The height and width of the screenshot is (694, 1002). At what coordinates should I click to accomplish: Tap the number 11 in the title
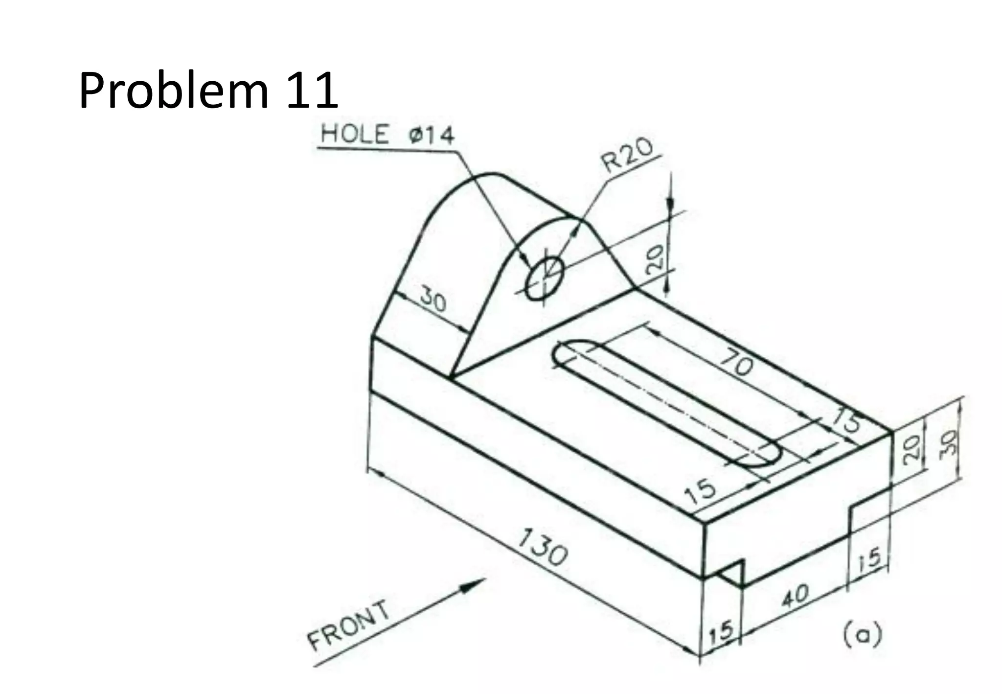pos(312,91)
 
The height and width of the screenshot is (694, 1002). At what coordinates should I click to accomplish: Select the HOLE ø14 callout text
pos(387,135)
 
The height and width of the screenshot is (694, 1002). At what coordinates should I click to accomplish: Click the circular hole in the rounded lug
pos(544,278)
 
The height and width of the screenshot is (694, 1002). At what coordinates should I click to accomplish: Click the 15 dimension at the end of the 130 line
pos(722,631)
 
